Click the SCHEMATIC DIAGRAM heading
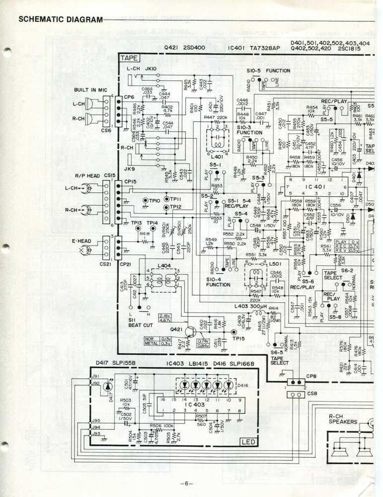60,20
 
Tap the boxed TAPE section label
129,58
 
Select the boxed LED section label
248,441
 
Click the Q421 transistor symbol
191,331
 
